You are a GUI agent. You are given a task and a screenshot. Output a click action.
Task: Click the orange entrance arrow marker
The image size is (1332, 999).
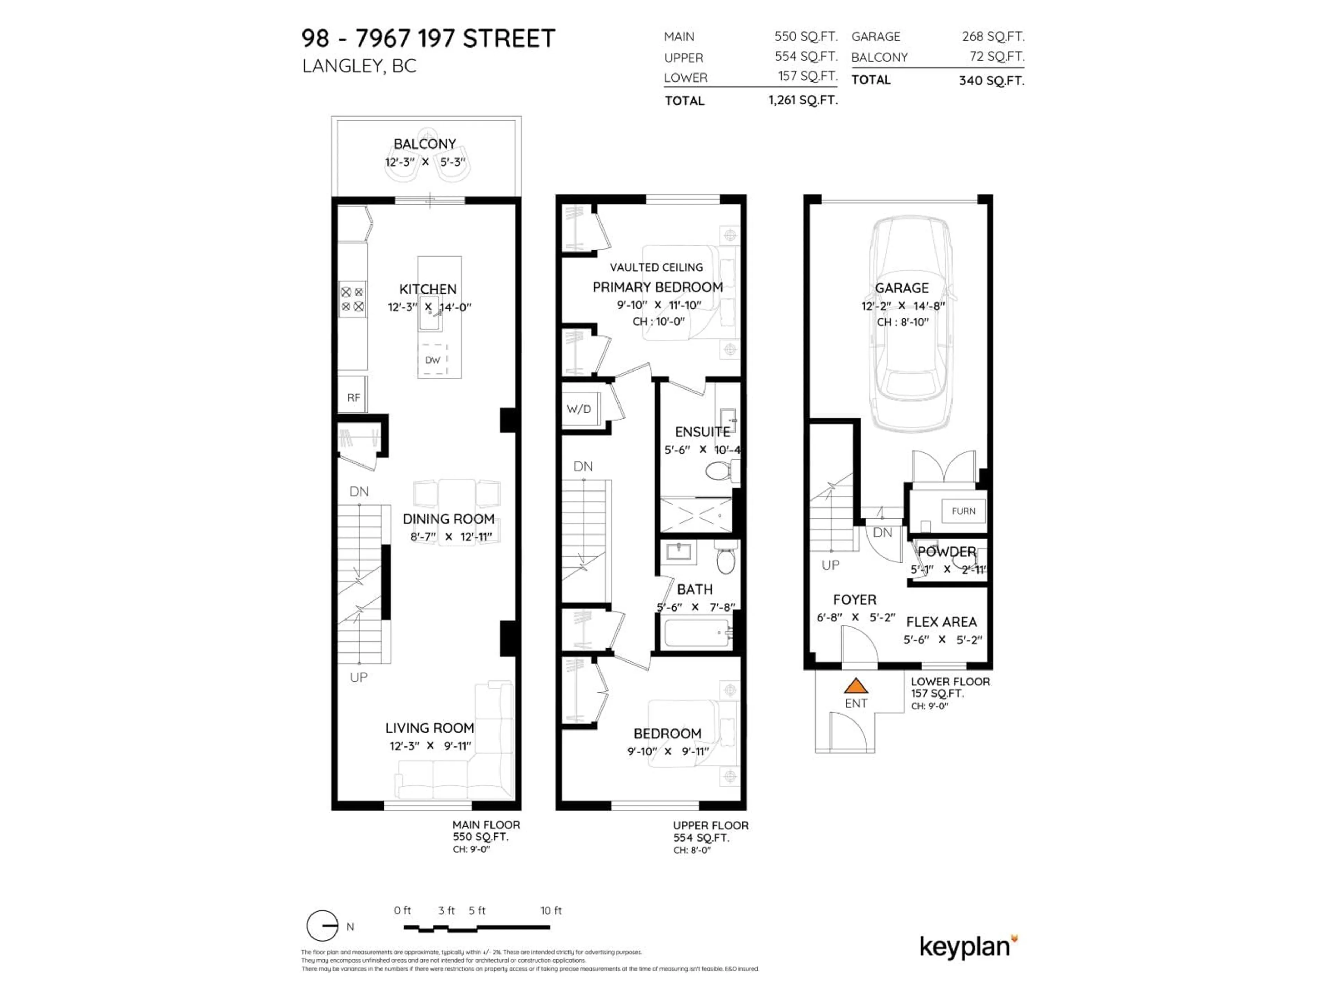pyautogui.click(x=856, y=686)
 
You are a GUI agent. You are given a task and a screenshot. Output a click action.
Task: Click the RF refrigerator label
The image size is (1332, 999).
pyautogui.click(x=353, y=398)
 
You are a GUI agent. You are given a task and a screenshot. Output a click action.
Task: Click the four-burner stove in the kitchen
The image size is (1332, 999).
pyautogui.click(x=352, y=299)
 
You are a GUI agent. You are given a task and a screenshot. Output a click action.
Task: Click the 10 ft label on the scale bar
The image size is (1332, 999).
pyautogui.click(x=551, y=911)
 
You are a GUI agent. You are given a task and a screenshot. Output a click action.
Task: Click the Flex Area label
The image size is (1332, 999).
pyautogui.click(x=942, y=622)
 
